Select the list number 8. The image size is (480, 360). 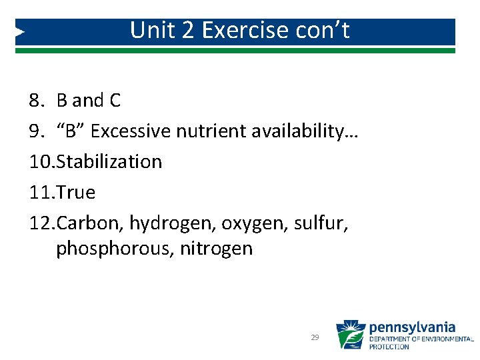(x=36, y=101)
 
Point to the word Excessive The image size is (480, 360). (x=131, y=131)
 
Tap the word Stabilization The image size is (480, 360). (x=110, y=162)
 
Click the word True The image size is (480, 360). (x=77, y=193)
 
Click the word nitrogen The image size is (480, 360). (x=216, y=249)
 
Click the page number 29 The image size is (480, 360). (x=315, y=338)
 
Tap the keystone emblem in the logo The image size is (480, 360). (x=350, y=335)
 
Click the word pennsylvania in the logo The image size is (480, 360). (x=412, y=327)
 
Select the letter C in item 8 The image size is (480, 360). (x=114, y=101)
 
